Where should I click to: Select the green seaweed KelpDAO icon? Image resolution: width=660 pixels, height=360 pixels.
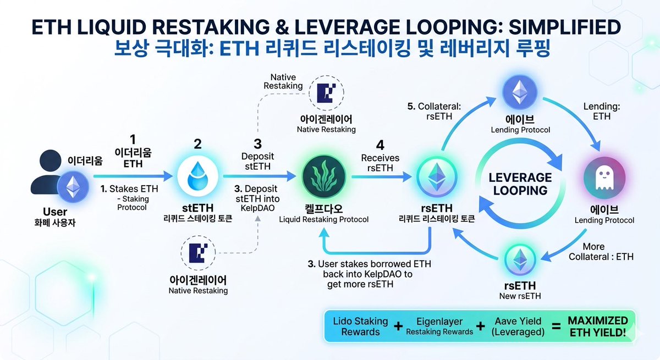click(323, 176)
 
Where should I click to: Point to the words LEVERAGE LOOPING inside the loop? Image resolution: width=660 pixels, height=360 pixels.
click(520, 184)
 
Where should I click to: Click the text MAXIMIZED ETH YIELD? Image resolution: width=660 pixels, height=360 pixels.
click(598, 325)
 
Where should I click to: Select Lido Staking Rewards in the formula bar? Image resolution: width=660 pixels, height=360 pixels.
click(360, 326)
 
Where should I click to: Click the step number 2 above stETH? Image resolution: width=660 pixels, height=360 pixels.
click(198, 144)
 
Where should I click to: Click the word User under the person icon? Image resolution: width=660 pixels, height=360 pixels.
click(55, 212)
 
